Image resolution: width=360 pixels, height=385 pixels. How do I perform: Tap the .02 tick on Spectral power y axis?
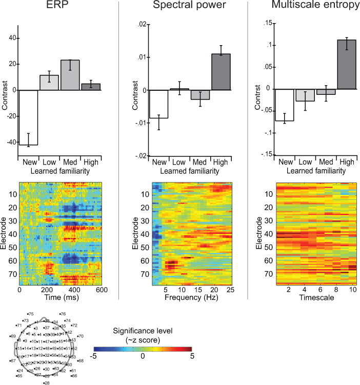pos(142,24)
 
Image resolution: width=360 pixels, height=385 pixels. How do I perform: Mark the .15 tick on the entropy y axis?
pos(267,23)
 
